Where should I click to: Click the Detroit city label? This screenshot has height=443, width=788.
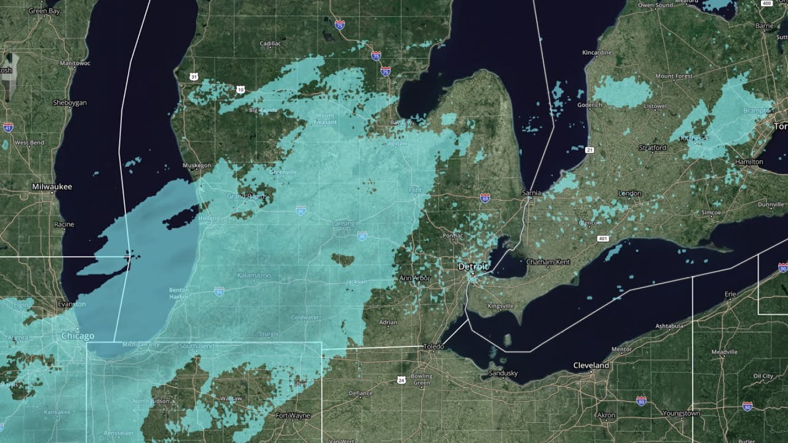[x=473, y=267]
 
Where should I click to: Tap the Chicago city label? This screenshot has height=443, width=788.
[x=78, y=336]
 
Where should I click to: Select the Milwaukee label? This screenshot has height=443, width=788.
[x=52, y=186]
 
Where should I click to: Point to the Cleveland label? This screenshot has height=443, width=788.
[x=591, y=365]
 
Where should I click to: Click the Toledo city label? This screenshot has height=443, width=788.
[x=433, y=347]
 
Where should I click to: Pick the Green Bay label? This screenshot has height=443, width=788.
[x=44, y=11]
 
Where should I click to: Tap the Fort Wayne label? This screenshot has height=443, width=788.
[x=293, y=416]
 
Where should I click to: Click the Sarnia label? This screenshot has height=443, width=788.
[x=531, y=193]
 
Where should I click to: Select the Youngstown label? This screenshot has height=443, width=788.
[x=681, y=413]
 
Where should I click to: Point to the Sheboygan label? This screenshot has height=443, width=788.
[x=70, y=102]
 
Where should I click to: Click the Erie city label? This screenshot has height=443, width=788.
[x=730, y=295]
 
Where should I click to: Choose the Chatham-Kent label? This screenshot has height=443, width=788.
[x=548, y=262]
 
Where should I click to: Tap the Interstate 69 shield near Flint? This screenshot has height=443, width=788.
[x=485, y=198]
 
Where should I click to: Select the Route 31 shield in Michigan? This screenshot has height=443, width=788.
[x=194, y=77]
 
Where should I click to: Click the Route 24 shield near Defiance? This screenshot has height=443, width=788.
[x=401, y=381]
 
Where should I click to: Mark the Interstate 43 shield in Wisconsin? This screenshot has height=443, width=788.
[x=8, y=127]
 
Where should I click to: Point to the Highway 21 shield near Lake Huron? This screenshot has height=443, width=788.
[x=589, y=150]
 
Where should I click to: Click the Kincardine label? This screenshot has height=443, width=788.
[x=597, y=53]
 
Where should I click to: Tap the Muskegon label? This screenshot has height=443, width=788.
[x=197, y=166]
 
